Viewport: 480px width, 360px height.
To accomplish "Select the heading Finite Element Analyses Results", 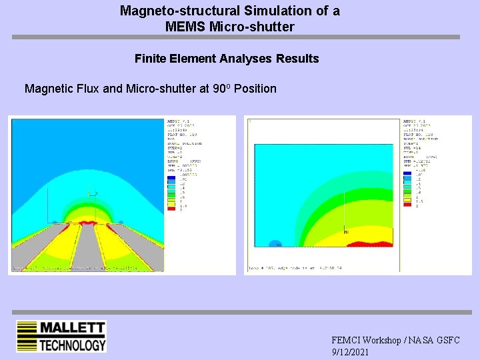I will tap(227, 59).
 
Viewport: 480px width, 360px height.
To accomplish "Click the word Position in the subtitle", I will tap(255, 89).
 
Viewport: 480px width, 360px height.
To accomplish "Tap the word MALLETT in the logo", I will tap(72, 328).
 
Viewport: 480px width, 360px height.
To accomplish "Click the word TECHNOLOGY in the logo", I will tap(72, 345).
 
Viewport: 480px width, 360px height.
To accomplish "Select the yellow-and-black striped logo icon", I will tap(27, 337).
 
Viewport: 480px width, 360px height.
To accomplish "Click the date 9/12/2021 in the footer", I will tap(350, 352).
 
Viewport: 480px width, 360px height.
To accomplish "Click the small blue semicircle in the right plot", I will tap(274, 243).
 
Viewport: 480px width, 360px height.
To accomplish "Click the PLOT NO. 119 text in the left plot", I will tap(181, 134).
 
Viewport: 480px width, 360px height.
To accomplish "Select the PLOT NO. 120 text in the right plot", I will tap(417, 134).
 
